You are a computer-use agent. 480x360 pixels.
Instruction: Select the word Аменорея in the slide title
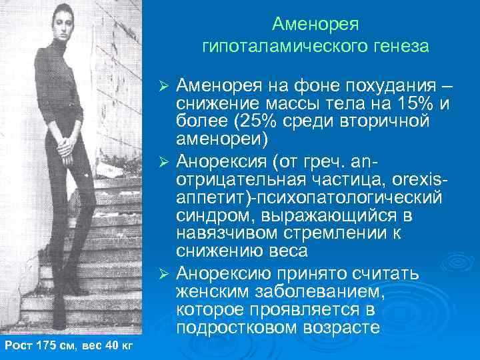pyautogui.click(x=315, y=24)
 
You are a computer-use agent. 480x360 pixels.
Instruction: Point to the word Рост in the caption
pyautogui.click(x=17, y=345)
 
